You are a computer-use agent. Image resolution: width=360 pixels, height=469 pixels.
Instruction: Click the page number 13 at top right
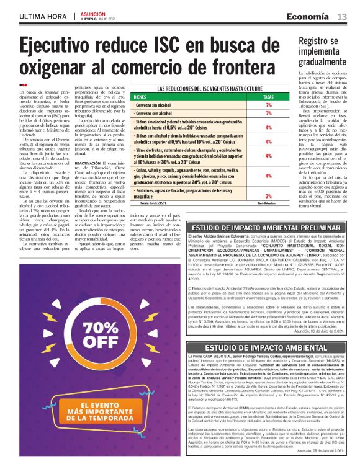pos(342,16)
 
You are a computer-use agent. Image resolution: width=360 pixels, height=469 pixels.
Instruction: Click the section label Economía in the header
pos(313,16)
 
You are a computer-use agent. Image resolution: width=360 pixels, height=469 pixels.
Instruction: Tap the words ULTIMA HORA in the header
pos(43,16)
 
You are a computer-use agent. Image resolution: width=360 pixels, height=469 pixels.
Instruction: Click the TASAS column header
pos(268,97)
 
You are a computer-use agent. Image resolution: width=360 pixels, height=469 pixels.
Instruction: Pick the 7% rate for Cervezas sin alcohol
pos(268,105)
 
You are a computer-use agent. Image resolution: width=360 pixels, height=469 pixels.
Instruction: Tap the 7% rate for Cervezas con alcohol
pos(268,114)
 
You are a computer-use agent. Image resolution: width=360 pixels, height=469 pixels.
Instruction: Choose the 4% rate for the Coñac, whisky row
pos(268,176)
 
